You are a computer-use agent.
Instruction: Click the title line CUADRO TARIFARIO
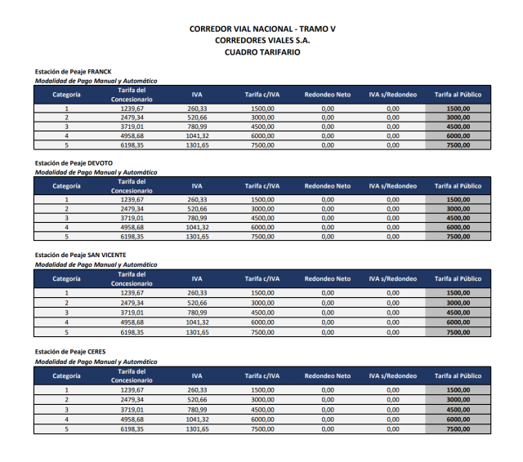point(261,51)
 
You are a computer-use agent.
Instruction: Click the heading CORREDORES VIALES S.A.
point(261,40)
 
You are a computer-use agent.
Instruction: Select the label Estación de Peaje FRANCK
point(73,72)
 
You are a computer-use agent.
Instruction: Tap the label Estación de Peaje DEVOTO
point(74,163)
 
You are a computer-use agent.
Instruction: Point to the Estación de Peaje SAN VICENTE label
point(80,255)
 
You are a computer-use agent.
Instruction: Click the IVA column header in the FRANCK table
point(197,95)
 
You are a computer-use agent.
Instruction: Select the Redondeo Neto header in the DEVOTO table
point(327,186)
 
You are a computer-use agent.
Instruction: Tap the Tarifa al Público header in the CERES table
point(458,375)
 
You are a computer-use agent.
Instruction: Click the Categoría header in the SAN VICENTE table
point(66,278)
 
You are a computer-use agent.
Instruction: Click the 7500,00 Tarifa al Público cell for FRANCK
point(458,145)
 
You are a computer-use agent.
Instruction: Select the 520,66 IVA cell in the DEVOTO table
point(197,209)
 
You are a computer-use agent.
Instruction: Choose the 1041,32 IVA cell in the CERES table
point(197,419)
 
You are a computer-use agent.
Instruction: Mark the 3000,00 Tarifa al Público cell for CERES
point(458,400)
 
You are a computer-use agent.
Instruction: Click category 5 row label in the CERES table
point(66,429)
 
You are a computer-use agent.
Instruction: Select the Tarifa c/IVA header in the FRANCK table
point(261,95)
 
